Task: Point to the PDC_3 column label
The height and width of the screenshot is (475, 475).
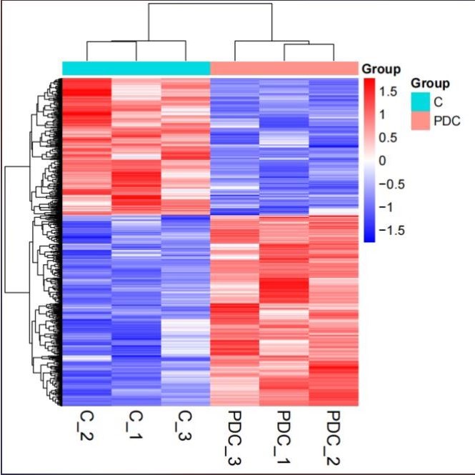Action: (x=233, y=436)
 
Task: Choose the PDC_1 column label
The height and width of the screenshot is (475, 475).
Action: (x=284, y=436)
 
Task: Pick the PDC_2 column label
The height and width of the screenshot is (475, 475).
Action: (x=333, y=436)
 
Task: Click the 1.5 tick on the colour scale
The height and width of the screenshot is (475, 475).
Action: (x=388, y=91)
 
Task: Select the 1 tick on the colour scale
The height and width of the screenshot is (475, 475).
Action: (x=383, y=114)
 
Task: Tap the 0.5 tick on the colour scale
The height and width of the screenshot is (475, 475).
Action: (x=388, y=137)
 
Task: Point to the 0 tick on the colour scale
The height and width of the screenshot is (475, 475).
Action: (x=383, y=161)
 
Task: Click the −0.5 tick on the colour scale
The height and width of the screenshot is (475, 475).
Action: (x=391, y=184)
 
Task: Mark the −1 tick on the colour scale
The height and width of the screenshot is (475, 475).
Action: (x=386, y=207)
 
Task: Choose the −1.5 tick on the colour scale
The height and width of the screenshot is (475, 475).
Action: (x=391, y=231)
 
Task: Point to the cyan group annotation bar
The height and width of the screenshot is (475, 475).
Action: (x=136, y=68)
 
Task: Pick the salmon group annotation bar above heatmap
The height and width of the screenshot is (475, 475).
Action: (x=284, y=68)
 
